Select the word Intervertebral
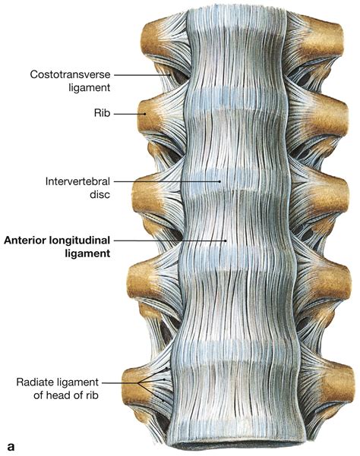click(80, 182)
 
